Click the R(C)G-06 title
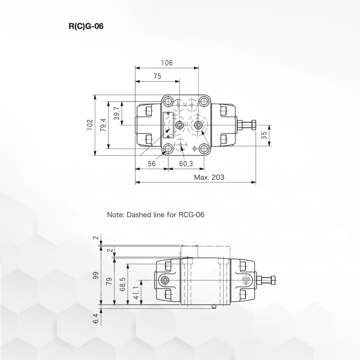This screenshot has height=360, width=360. pos(86,26)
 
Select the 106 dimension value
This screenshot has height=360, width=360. pos(167,63)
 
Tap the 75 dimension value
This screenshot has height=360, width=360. pos(157,76)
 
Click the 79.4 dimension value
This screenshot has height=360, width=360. pos(103,125)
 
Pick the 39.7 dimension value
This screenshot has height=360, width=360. pos(116,113)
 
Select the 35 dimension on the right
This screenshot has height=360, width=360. pos(264,135)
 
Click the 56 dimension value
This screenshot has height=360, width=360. pos(152,164)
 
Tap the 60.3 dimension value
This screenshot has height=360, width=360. pos(186,164)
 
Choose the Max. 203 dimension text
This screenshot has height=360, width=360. pos(209,177)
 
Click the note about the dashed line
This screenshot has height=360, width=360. pos(156,215)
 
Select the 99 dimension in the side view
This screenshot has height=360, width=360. pos(96,275)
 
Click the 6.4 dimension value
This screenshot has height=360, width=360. pos(96,319)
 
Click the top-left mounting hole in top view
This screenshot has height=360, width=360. pos(168,101)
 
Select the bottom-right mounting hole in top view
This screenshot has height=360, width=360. pos(204,149)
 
